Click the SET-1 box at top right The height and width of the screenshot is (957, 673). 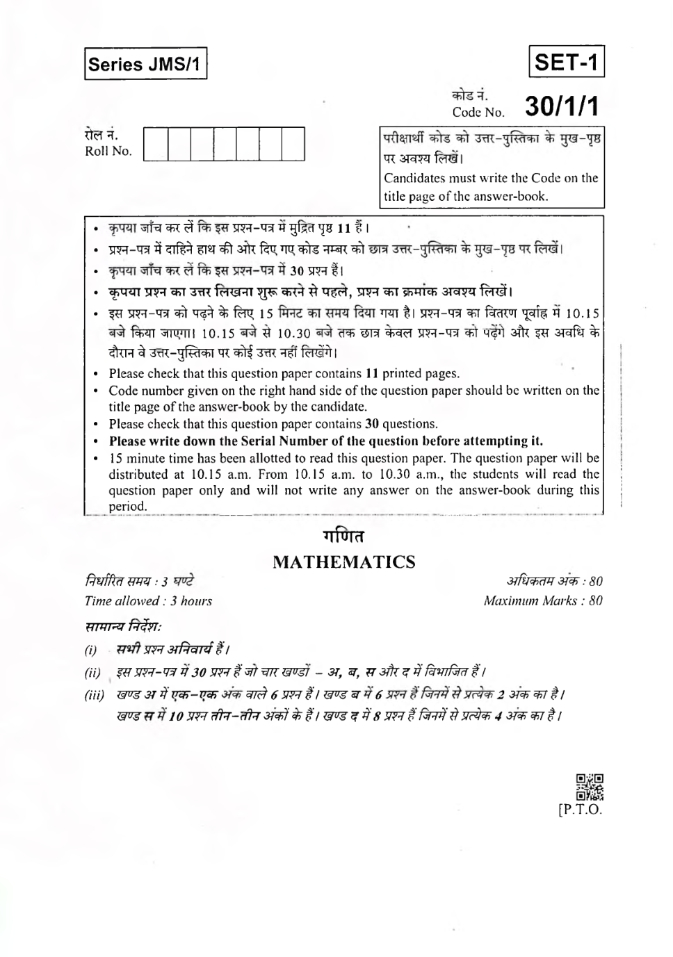tap(566, 62)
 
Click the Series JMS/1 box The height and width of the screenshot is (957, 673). tap(145, 64)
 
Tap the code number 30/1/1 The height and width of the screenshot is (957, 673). tap(561, 106)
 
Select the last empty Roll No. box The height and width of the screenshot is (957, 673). tap(293, 144)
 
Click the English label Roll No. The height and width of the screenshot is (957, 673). tap(108, 152)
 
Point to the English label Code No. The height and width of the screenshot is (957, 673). tap(478, 112)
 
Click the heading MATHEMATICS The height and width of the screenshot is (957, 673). tap(343, 562)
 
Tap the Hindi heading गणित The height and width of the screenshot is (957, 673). tap(343, 537)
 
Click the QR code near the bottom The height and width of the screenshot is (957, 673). tap(590, 787)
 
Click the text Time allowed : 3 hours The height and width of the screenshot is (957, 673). tap(148, 601)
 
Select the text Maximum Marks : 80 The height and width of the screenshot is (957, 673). tap(543, 600)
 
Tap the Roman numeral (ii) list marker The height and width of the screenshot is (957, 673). tap(92, 673)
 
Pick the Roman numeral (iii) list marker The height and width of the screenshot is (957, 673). tap(95, 695)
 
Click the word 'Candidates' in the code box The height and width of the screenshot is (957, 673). tap(416, 178)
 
